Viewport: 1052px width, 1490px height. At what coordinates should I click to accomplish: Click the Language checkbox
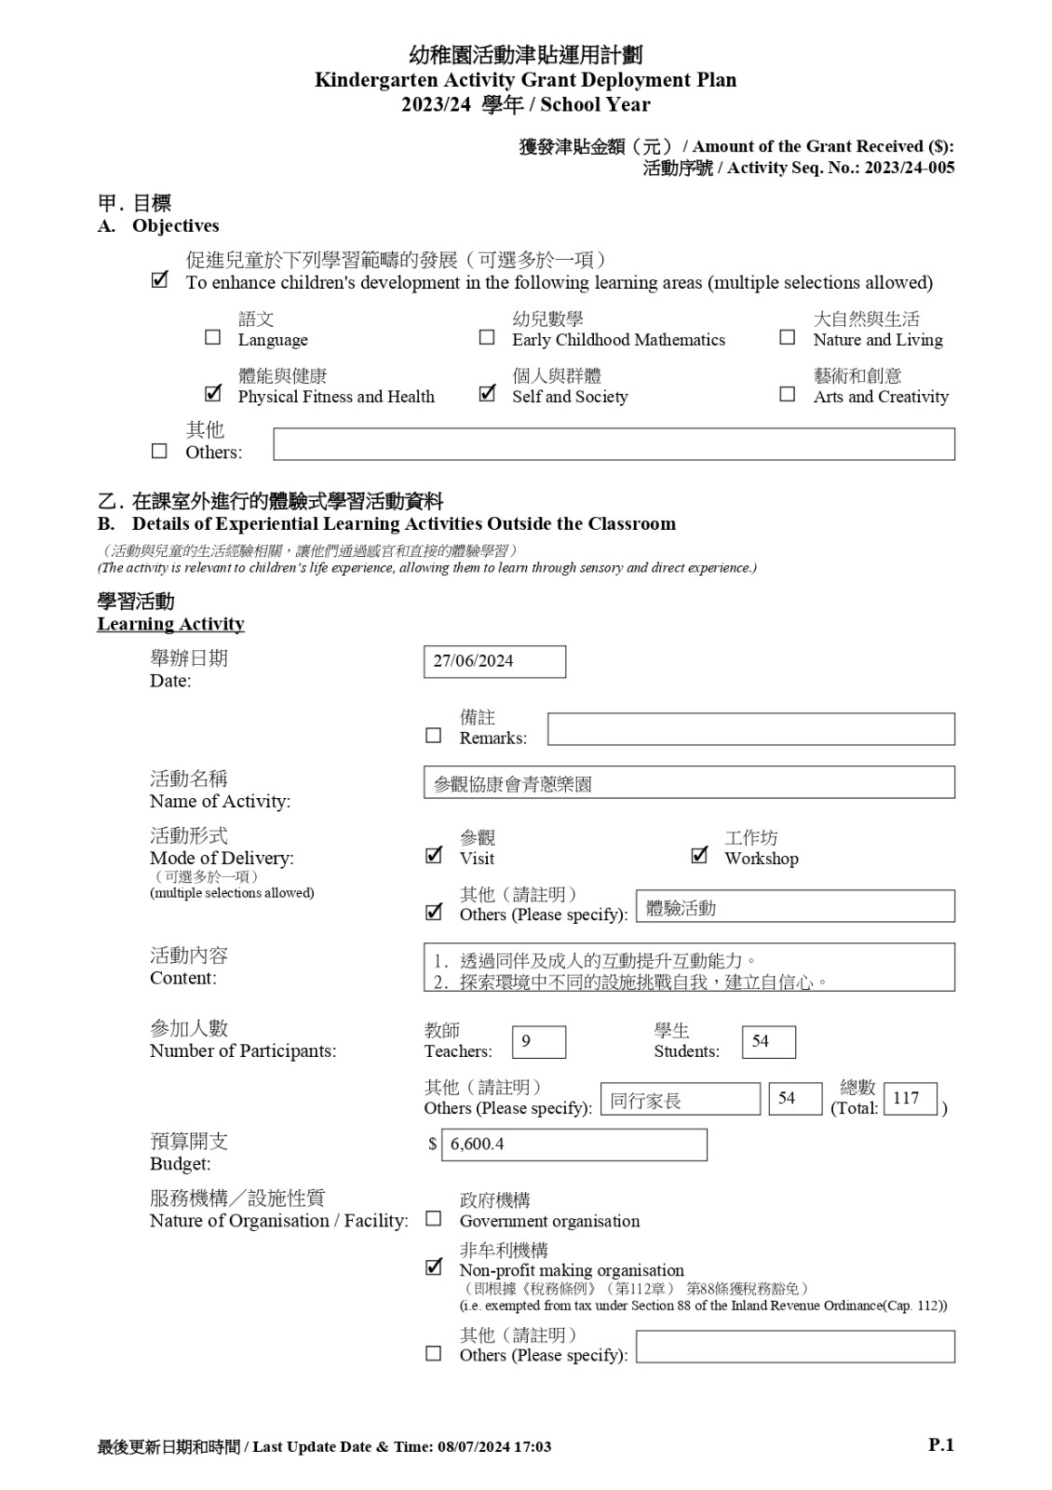(x=213, y=337)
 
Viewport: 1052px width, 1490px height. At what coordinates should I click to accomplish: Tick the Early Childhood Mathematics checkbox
(x=487, y=337)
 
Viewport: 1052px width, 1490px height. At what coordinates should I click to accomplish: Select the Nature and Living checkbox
(x=788, y=337)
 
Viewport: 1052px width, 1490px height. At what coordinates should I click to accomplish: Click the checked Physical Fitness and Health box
(x=213, y=393)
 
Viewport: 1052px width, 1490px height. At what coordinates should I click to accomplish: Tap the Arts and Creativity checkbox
(x=788, y=394)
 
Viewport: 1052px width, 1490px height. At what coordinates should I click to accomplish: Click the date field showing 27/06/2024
(x=494, y=661)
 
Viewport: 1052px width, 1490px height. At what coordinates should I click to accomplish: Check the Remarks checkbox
(x=434, y=736)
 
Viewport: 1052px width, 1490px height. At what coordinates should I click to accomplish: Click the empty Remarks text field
(x=750, y=729)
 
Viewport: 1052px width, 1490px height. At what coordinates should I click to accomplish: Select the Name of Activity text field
(x=689, y=782)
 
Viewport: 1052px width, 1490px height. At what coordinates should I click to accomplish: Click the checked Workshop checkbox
(x=699, y=855)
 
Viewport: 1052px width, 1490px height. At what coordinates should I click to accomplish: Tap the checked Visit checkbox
(x=434, y=855)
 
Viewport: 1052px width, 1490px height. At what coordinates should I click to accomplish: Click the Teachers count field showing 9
(x=538, y=1042)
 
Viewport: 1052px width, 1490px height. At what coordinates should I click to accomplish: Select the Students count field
(x=768, y=1042)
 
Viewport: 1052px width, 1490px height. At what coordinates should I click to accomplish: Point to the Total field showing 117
(x=910, y=1099)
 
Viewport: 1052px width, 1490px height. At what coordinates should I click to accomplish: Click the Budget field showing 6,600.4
(x=573, y=1145)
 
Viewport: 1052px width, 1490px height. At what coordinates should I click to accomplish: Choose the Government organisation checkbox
(x=434, y=1219)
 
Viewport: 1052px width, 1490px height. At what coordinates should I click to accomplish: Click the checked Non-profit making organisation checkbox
(x=434, y=1267)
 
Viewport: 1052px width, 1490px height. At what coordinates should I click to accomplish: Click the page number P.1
(x=941, y=1445)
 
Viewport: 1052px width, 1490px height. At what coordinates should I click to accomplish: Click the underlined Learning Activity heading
(x=171, y=624)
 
